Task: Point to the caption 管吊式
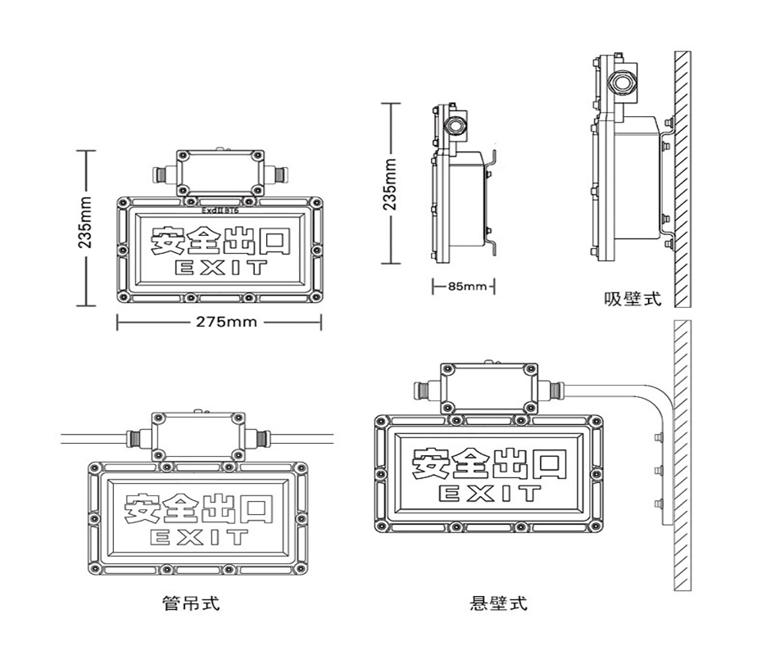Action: point(191,604)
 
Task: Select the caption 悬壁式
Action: point(498,604)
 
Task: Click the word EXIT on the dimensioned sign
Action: point(220,268)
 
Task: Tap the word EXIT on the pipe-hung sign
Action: point(198,538)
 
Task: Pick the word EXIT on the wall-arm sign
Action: point(490,493)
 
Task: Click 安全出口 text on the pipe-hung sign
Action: point(198,508)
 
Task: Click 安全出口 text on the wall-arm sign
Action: point(489,463)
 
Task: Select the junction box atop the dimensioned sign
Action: point(221,173)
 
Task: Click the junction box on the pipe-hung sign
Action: point(197,436)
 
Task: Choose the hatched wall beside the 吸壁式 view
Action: point(682,176)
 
